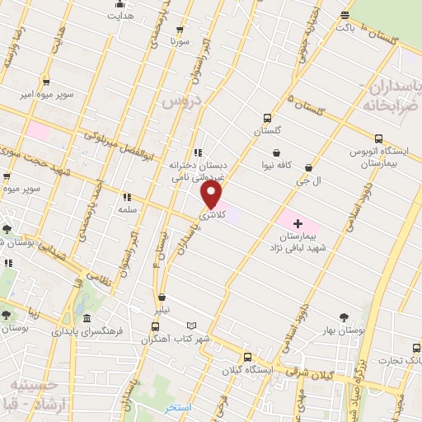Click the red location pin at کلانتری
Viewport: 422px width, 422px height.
(x=211, y=195)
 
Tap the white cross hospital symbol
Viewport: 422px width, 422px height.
(x=298, y=223)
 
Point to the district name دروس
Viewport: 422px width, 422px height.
(x=181, y=101)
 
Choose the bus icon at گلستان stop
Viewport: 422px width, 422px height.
(x=267, y=119)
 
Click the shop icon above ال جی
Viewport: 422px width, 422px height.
(x=308, y=167)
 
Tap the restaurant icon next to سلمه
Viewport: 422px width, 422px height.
(x=127, y=197)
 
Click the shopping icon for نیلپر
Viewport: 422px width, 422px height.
(x=162, y=298)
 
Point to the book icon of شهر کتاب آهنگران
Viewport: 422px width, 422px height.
(x=192, y=326)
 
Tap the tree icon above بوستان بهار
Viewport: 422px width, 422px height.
(x=345, y=316)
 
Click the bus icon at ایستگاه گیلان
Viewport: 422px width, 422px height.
(x=247, y=358)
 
